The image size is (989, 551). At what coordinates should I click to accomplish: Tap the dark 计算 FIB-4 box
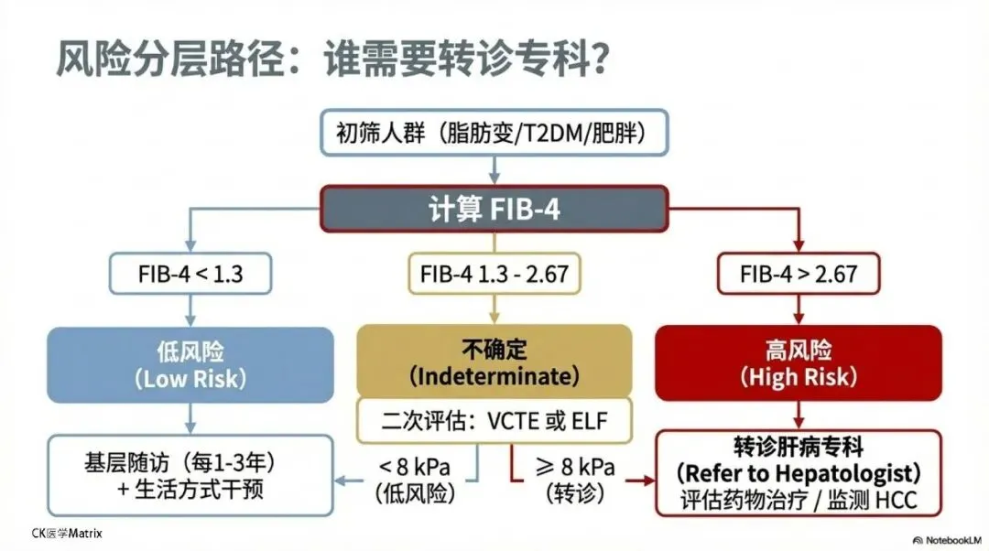(494, 209)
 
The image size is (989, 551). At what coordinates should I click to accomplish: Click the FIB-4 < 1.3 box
(190, 273)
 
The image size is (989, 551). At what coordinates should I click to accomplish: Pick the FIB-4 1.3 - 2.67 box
(494, 273)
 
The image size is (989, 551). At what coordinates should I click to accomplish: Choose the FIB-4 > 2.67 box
(799, 273)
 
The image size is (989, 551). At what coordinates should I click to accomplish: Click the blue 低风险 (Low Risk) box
(190, 363)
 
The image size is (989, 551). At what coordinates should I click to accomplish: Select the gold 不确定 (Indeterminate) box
(494, 362)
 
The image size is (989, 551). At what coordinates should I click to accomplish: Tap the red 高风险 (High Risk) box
(799, 363)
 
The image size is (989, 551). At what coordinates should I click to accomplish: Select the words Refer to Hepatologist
(799, 474)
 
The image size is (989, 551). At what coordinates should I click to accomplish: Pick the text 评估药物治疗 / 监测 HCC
(799, 500)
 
